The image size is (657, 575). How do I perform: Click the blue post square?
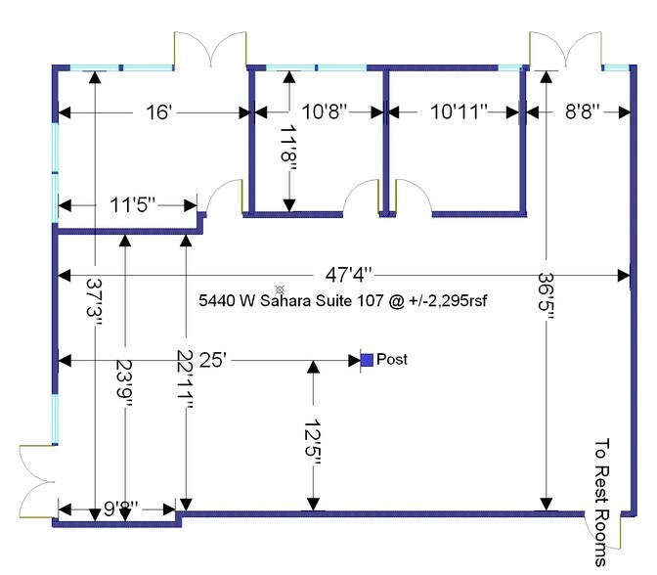tap(367, 360)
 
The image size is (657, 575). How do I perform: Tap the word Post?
tap(392, 359)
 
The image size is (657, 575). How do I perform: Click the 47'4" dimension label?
tap(349, 275)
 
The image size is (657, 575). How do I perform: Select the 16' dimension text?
tap(158, 112)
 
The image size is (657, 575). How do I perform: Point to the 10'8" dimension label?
tap(325, 111)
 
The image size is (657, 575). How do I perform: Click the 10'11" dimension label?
tap(459, 111)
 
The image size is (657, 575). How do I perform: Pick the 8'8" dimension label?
tap(583, 111)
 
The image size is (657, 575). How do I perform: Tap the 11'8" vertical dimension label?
tap(288, 150)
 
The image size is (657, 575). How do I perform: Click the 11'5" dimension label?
tap(132, 205)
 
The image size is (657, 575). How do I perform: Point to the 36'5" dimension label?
tap(546, 297)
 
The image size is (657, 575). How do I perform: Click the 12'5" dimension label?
tap(312, 441)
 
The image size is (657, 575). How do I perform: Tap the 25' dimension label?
tap(213, 360)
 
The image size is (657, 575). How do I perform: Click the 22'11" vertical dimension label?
tap(185, 379)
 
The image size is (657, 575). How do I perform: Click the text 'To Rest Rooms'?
tap(601, 502)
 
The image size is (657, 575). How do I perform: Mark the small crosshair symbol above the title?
tap(280, 289)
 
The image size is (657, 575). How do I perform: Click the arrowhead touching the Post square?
tap(355, 360)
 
